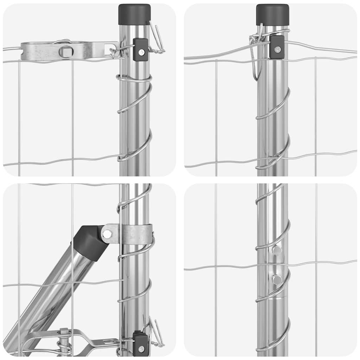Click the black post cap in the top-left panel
pos(134,14)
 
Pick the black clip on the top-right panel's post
pos(277,47)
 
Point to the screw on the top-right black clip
pos(278,49)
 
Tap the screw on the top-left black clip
pos(141,52)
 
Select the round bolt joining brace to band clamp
pos(107,233)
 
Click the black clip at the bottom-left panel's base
pos(141,344)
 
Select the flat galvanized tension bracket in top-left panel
pos(67,51)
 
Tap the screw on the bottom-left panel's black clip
pos(141,348)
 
